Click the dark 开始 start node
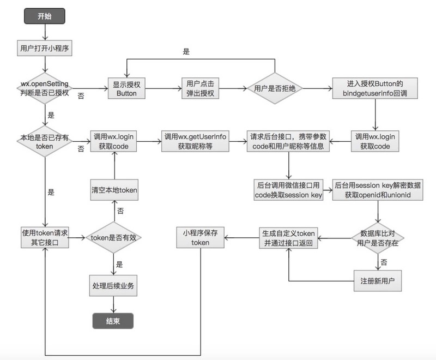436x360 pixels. pos(44,16)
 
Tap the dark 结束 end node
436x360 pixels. pos(113,321)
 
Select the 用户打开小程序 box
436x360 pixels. pos(44,48)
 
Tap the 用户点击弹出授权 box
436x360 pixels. pos(199,88)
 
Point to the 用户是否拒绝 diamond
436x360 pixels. pos(275,88)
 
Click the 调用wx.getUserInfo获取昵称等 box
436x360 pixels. pos(195,140)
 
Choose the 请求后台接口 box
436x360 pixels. pos(288,140)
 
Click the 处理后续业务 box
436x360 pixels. pos(113,286)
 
